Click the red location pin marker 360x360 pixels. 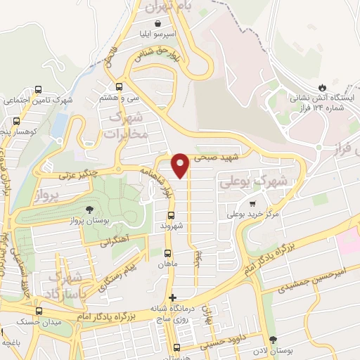181,164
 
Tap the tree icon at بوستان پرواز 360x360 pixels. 89,209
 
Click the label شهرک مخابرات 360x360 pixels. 128,125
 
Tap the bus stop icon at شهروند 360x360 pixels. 171,214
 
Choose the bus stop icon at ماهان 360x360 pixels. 167,253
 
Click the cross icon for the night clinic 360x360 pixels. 173,298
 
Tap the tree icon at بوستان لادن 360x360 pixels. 273,339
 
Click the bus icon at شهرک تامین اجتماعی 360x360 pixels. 38,89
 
